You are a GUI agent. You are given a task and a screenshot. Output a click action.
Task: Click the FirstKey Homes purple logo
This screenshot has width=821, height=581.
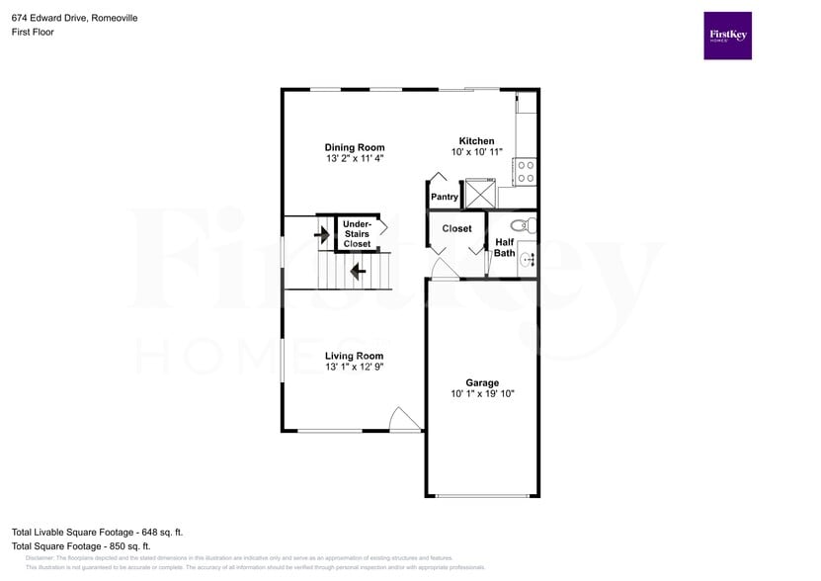(727, 36)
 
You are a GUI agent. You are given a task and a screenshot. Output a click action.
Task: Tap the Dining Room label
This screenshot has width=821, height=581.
(355, 147)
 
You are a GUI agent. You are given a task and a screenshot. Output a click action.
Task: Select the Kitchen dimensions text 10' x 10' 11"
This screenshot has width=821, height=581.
(477, 152)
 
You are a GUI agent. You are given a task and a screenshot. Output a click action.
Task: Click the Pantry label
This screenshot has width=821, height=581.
(445, 197)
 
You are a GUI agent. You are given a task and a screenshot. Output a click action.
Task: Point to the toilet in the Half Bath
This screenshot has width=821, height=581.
(524, 224)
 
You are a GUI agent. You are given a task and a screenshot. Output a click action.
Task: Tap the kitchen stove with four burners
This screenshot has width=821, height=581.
(526, 172)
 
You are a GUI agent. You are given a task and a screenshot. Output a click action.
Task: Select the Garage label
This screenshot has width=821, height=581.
(482, 382)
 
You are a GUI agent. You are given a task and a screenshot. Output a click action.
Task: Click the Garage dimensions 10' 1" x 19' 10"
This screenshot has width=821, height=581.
(482, 393)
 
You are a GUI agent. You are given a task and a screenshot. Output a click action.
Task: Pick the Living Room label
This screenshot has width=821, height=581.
(354, 356)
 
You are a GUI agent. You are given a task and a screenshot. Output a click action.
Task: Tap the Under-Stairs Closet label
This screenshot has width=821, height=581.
(357, 234)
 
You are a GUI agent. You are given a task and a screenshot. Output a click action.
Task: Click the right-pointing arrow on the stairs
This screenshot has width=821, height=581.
(321, 234)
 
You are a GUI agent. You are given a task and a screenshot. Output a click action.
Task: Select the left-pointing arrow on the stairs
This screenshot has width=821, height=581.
(357, 268)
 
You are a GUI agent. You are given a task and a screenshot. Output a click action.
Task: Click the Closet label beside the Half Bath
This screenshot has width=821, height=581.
(456, 228)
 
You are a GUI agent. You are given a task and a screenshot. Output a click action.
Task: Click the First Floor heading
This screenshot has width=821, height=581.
(34, 32)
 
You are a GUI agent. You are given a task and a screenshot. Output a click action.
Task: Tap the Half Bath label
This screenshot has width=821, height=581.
(505, 247)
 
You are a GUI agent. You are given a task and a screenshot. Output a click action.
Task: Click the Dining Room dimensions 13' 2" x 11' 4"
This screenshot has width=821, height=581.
(355, 158)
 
